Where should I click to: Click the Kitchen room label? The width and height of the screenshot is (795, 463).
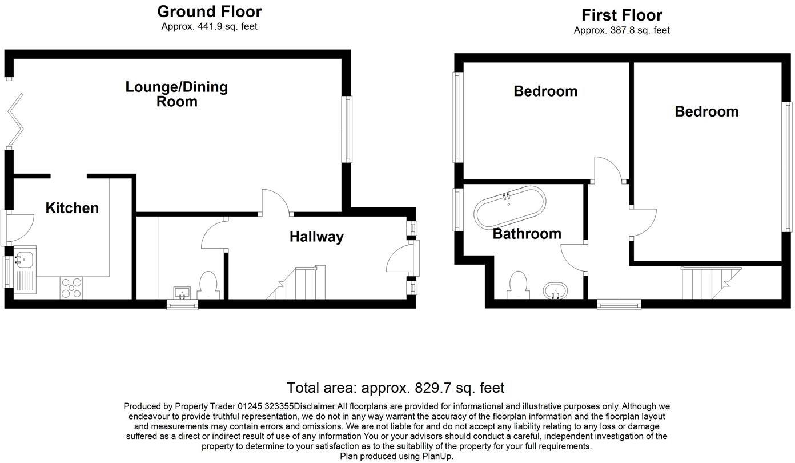[72, 208]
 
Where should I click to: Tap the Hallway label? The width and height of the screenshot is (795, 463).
[316, 237]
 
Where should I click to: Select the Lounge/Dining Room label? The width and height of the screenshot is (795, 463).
[176, 94]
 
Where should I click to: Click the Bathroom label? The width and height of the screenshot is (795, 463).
[527, 234]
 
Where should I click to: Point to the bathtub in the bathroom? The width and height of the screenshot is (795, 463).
[510, 208]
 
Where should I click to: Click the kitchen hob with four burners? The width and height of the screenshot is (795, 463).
[71, 288]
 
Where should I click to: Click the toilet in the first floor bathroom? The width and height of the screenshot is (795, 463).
[517, 285]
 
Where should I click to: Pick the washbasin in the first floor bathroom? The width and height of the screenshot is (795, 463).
[555, 290]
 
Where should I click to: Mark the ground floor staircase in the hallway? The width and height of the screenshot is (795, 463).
[297, 283]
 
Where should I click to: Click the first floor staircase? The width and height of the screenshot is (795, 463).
[711, 283]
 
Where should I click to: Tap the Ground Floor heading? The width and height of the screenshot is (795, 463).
[209, 11]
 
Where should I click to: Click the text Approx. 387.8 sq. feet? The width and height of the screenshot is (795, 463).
[621, 30]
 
